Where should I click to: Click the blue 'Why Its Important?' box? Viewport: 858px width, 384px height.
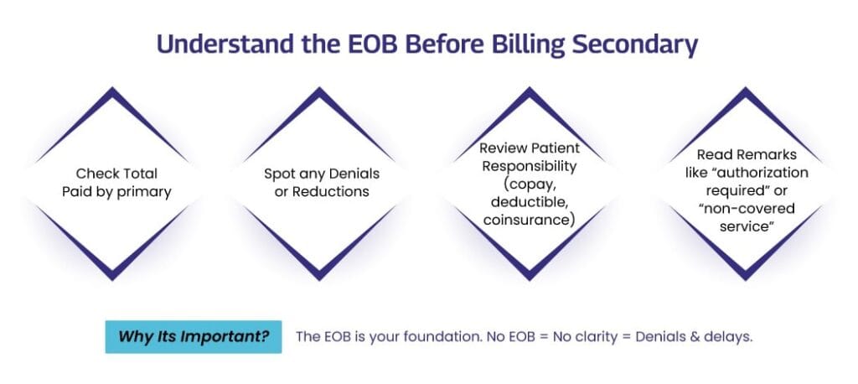point(194,336)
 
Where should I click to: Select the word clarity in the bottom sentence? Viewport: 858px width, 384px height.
point(596,337)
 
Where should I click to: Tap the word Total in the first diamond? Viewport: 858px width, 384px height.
point(139,174)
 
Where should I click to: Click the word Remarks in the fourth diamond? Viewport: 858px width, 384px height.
point(767,155)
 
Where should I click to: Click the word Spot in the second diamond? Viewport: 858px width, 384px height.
point(277,174)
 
